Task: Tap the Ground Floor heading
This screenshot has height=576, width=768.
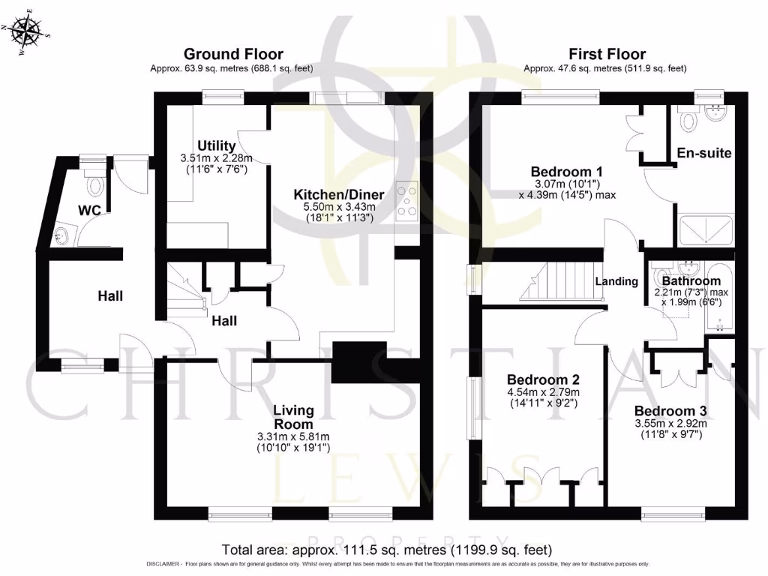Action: (x=233, y=54)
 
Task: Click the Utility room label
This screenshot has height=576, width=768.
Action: (x=216, y=145)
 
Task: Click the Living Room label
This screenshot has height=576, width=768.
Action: (x=293, y=417)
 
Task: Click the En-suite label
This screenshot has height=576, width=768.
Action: (x=703, y=153)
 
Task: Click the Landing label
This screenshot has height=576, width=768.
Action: (x=616, y=281)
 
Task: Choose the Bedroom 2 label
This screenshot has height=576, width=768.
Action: (x=542, y=379)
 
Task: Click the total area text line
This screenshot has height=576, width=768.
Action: (x=387, y=549)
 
